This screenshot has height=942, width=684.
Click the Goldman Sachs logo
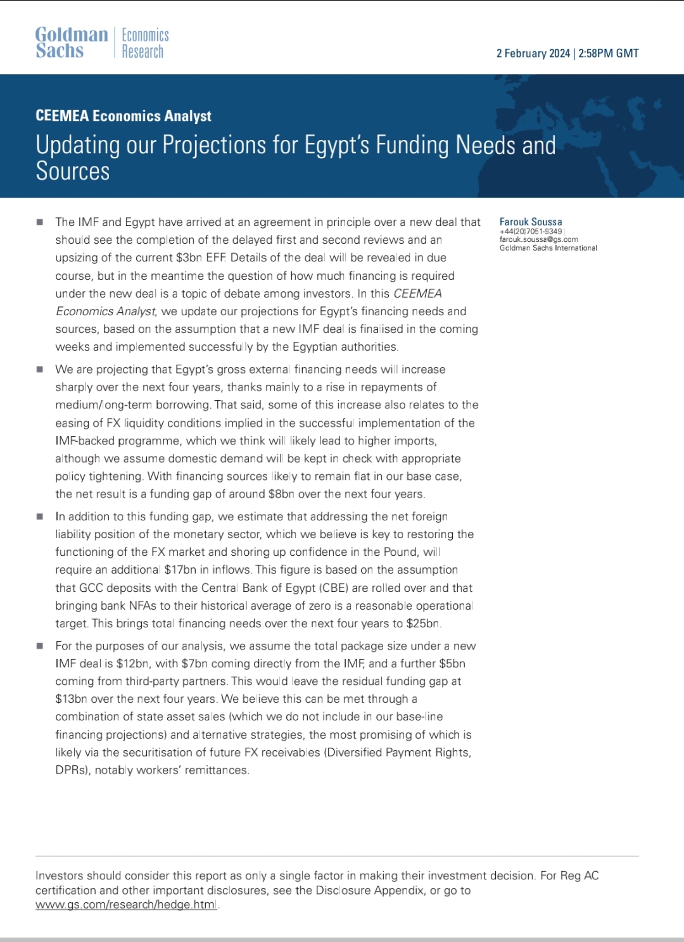coord(71,42)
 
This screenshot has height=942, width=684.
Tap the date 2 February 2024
coord(533,53)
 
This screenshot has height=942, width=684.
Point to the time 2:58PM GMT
coord(609,53)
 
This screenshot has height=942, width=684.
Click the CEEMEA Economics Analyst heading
coord(123,116)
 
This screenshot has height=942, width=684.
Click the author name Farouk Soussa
coord(531,222)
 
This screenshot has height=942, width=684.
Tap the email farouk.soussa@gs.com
coord(538,239)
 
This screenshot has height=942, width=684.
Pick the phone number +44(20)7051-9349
coord(531,231)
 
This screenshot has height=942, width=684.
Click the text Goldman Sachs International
coord(548,248)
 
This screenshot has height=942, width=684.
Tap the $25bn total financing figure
coord(423,623)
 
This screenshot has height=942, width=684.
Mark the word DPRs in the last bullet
coord(71,770)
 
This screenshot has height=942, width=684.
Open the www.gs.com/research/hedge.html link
coord(126,905)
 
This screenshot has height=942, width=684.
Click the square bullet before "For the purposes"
coord(40,646)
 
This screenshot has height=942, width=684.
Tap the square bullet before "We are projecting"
coord(40,369)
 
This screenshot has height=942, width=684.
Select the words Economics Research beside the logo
coord(144,43)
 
